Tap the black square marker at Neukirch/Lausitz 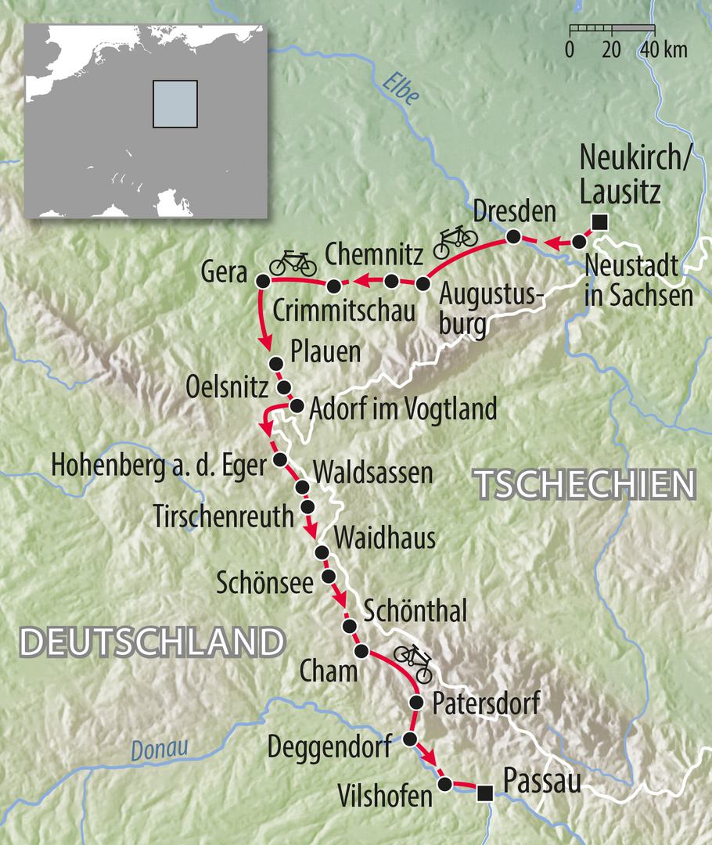point(599,222)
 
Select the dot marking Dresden point(513,236)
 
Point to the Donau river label point(160,749)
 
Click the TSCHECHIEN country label point(585,485)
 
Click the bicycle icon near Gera point(293,262)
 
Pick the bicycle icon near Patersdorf point(415,663)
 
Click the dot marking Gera point(262,280)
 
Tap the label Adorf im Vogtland point(403,408)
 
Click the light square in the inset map point(174,103)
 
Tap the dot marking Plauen point(275,363)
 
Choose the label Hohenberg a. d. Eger point(157,464)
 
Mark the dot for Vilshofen point(444,783)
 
